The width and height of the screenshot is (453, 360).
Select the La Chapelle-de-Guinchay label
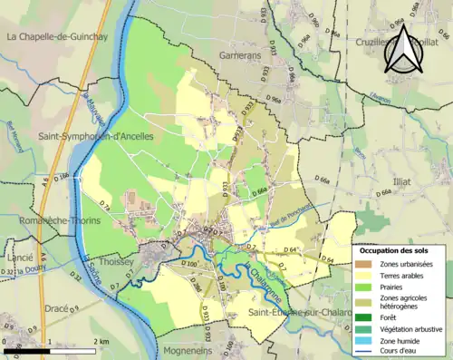coord(56,37)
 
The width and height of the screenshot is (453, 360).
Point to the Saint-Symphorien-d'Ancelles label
coord(96,136)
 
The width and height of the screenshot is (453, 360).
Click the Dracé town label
coord(57,308)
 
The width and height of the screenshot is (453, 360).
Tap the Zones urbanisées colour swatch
coord(362,264)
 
